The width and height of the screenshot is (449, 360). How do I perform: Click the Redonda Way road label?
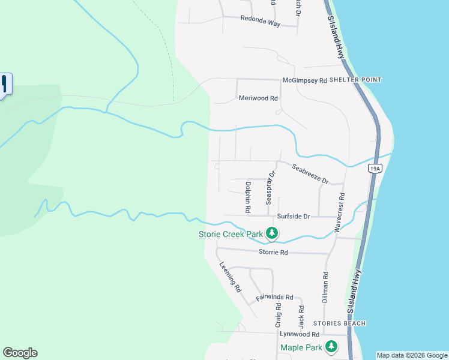click(261, 19)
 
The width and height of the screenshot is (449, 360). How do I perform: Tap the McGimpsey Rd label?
click(304, 80)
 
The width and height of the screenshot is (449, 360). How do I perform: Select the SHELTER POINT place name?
click(355, 80)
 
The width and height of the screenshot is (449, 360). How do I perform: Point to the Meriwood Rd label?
click(258, 98)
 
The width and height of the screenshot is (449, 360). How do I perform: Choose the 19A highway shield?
click(374, 169)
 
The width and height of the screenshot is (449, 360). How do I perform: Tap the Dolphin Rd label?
click(247, 197)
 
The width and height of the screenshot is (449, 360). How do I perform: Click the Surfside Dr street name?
click(294, 216)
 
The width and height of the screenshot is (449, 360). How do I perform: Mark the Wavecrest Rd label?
click(342, 204)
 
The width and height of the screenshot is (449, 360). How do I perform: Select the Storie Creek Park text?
click(231, 234)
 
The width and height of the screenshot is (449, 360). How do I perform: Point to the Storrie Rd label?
click(273, 253)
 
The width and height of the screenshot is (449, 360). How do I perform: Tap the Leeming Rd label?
click(230, 277)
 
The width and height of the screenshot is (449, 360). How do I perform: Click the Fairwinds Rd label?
click(274, 297)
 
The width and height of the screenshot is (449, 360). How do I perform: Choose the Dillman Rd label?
click(325, 287)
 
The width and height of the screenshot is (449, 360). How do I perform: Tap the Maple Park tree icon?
click(331, 346)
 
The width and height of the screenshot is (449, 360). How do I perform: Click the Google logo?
click(20, 353)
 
